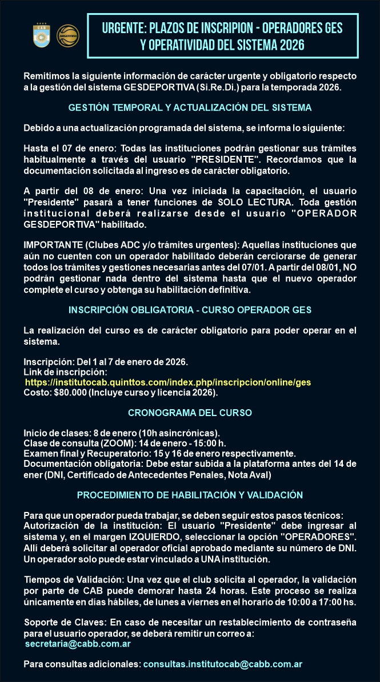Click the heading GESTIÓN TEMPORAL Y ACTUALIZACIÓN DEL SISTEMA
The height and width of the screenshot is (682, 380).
coord(190,107)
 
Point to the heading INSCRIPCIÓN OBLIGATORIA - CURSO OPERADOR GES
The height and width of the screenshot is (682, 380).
coord(190,310)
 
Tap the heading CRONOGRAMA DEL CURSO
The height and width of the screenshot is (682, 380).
coord(190,413)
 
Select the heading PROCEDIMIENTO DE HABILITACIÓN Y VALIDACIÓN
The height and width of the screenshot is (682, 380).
coord(190,495)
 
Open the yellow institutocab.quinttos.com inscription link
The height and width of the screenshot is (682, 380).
coord(168,382)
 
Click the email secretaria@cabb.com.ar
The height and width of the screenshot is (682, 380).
coord(78,644)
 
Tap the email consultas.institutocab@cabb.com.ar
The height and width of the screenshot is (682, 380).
coord(222,664)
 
